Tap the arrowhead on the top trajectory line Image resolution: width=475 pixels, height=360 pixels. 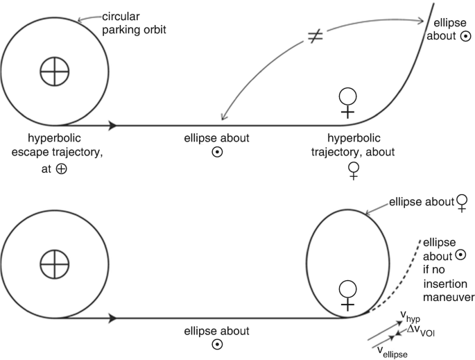(x=113, y=126)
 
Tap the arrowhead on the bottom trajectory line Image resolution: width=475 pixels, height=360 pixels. (x=113, y=319)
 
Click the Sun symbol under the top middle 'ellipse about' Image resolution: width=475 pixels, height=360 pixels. (x=217, y=153)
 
